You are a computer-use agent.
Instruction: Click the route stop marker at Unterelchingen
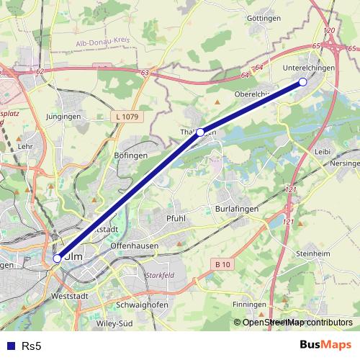coord(302,82)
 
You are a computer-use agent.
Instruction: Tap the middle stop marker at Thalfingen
coord(200,132)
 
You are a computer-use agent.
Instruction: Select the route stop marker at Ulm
coord(57,258)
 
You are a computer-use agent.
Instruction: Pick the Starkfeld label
coord(161,275)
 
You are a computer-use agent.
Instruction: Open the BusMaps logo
coord(325,346)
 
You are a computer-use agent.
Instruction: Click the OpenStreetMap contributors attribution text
coord(297,322)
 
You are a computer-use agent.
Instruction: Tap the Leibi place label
coord(323,152)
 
